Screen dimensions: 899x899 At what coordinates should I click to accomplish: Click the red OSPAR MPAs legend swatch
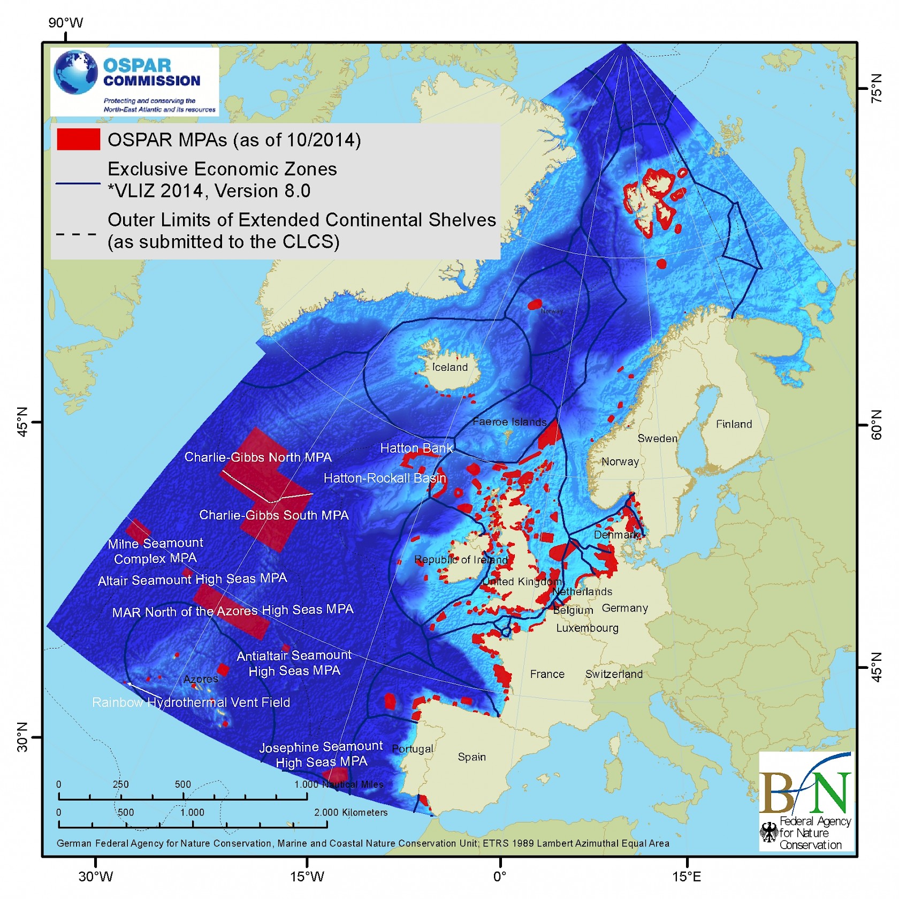coord(78,139)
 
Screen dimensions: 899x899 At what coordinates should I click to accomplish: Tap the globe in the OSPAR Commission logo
coord(76,72)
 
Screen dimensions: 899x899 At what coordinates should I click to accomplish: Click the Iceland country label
coord(449,367)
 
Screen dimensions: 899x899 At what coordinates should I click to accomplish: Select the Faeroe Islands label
coord(509,422)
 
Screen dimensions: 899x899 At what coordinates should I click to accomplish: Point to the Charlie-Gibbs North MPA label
coord(258,457)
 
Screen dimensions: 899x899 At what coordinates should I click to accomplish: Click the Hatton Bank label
coord(416,448)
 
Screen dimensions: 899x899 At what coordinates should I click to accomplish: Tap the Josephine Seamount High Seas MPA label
coord(321,754)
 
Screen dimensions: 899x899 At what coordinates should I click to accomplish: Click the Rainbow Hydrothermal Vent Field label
coord(191,702)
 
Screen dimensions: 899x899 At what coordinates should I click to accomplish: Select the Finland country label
coord(734,424)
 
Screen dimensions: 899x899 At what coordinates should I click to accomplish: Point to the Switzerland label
coord(614,674)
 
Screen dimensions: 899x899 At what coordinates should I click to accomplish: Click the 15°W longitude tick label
coord(307,877)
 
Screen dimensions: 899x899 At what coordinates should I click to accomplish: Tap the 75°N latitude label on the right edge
coord(876,88)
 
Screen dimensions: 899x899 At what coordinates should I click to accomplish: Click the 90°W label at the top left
coord(66,22)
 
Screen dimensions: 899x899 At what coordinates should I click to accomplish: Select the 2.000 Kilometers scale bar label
coord(351,812)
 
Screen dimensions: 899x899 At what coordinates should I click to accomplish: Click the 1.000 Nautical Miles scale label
coord(339,784)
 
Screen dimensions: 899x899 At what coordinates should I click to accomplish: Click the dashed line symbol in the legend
coord(77,234)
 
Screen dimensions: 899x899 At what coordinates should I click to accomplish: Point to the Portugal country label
coord(413,748)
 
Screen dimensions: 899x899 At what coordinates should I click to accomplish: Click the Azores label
coord(201,679)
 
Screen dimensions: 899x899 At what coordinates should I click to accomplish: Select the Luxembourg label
coord(587,628)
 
